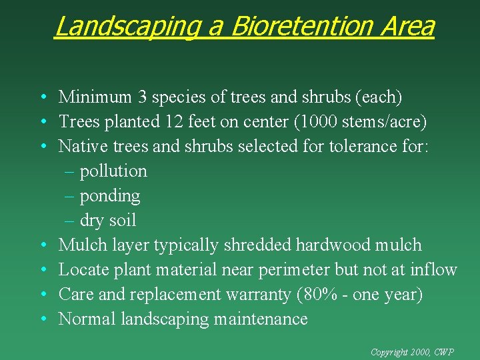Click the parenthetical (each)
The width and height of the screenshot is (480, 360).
tap(379, 97)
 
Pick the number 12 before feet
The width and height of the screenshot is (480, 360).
tap(175, 122)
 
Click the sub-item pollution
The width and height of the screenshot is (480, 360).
tap(113, 171)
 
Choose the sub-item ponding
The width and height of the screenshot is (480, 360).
tap(110, 196)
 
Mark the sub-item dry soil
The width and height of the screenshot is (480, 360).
tap(108, 221)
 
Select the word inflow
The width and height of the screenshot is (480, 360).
tap(435, 270)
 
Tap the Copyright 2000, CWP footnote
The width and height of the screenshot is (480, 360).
tap(421, 351)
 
